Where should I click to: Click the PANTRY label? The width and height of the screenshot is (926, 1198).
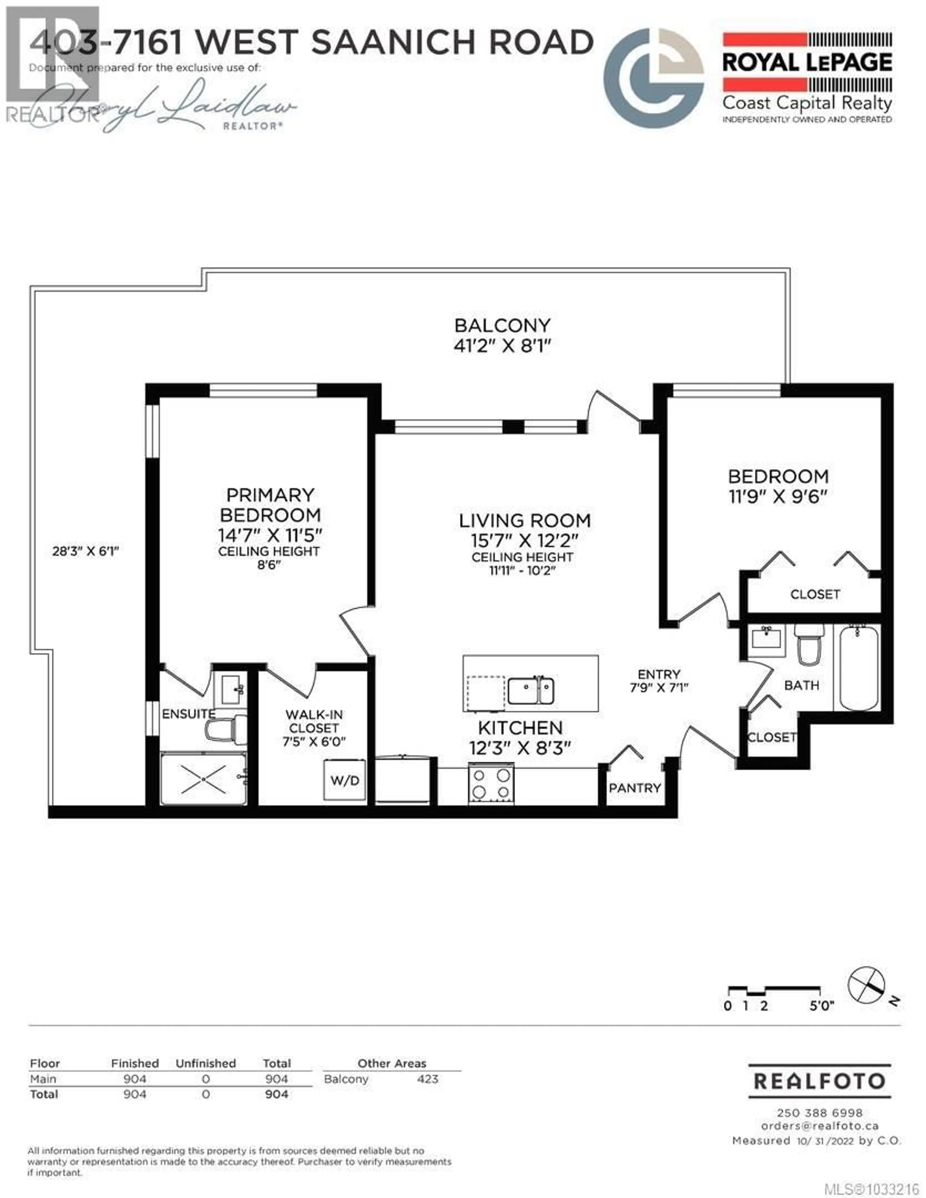click(635, 788)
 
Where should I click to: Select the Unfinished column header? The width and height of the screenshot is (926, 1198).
click(206, 1063)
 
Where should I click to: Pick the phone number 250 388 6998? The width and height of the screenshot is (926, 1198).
click(820, 1113)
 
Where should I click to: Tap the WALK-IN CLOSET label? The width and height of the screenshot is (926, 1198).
click(314, 721)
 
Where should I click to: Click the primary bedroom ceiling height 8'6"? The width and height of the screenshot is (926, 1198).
click(269, 565)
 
